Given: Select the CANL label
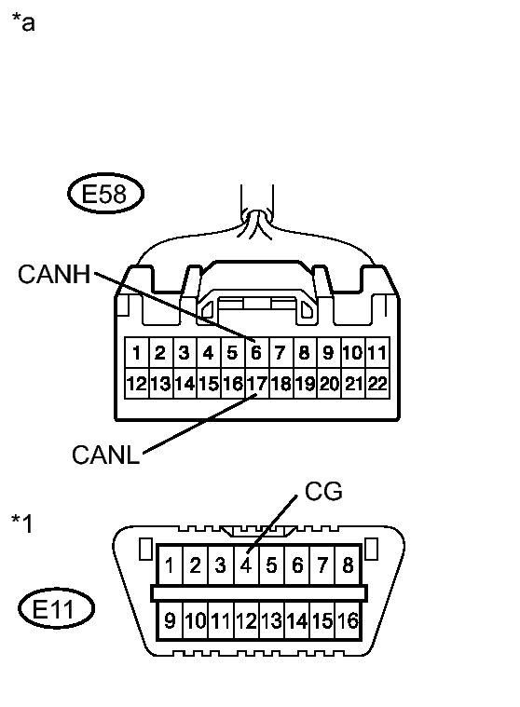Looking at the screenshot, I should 105,455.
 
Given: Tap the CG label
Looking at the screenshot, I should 322,491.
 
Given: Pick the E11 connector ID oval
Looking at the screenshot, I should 57,610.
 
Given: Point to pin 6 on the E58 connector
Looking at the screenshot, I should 256,353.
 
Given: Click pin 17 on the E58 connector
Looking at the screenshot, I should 256,383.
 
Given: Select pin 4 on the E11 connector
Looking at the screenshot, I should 246,564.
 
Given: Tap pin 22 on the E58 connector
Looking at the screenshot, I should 376,383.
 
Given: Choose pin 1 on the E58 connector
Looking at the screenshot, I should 136,353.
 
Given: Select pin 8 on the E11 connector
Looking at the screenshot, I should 348,564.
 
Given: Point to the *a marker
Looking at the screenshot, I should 22,23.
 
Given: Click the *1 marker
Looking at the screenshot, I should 21,523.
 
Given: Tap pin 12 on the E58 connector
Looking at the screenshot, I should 136,383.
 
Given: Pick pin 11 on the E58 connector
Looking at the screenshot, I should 376,353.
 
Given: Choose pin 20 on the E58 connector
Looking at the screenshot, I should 329,383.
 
